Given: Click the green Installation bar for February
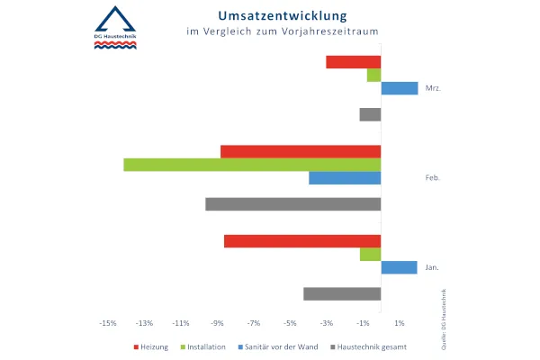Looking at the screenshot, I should tap(252, 165).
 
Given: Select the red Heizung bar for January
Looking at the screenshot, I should tap(302, 241).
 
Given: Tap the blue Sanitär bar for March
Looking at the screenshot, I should tap(400, 88).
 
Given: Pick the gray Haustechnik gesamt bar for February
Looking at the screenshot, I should tap(292, 204).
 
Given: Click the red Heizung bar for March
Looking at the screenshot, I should tap(353, 62).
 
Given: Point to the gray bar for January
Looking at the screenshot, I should tap(342, 293).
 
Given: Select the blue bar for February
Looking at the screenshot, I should tap(345, 178).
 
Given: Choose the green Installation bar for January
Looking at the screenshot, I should tap(370, 255).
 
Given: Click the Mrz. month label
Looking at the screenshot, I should tap(432, 88).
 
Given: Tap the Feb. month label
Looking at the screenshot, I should tap(432, 178).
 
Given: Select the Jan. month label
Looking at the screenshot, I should tap(432, 267).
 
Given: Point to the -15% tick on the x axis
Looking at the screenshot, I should tap(107, 322).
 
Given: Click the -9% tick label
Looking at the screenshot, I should tap(217, 322).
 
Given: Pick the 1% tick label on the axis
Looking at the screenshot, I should tap(399, 322).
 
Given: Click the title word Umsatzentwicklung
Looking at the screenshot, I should tap(269, 16).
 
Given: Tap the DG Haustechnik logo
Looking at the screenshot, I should tap(118, 30).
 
